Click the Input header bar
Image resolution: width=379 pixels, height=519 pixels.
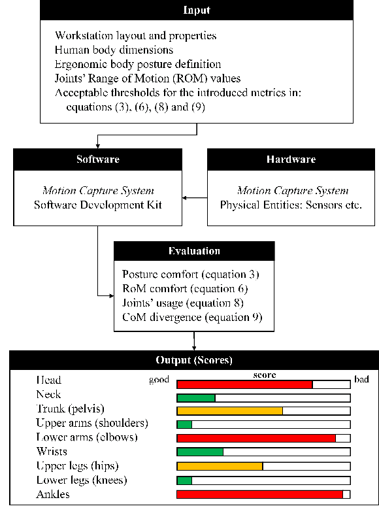(197, 11)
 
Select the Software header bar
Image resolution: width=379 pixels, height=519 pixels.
(97, 159)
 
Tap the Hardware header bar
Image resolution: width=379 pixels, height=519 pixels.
(291, 159)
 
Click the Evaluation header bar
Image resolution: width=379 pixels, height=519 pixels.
(194, 251)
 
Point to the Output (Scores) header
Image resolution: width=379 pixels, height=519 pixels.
(194, 360)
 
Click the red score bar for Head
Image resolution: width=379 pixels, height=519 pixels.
(244, 384)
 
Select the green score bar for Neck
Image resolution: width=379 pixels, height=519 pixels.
(196, 397)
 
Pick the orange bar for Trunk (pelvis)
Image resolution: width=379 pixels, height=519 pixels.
(229, 410)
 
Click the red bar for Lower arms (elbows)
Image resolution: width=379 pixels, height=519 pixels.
(256, 438)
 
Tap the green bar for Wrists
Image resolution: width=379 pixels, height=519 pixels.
(200, 452)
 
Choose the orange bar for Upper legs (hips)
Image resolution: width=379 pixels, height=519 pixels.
(220, 466)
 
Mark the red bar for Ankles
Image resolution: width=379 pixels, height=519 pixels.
(259, 495)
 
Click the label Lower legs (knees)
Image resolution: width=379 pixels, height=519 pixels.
(82, 480)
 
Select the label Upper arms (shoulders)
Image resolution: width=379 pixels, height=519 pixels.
(92, 424)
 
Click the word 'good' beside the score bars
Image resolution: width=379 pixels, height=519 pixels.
(159, 380)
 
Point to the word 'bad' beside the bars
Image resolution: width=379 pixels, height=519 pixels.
(361, 380)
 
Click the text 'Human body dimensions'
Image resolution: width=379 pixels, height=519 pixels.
(114, 50)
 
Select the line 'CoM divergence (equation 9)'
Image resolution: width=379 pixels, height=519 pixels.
(192, 318)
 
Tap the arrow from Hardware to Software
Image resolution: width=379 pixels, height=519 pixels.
(194, 197)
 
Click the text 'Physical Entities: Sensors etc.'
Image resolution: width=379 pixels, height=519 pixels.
(290, 205)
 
